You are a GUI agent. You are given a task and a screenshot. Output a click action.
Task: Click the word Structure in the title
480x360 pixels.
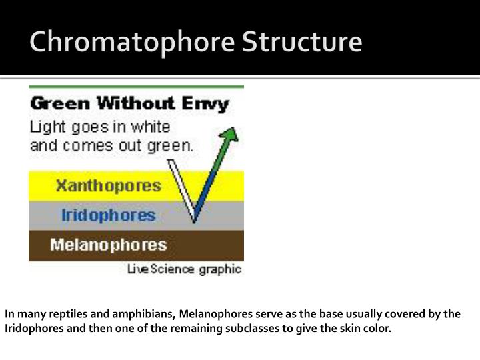coord(302,42)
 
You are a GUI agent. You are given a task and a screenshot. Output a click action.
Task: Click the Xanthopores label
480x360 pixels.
coord(108,185)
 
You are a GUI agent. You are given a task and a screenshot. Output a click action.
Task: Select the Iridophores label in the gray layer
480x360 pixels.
coord(108,215)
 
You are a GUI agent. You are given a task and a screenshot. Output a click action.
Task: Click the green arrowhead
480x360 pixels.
coord(230,135)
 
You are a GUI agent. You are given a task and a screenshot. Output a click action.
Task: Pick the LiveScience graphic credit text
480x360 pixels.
coord(185,269)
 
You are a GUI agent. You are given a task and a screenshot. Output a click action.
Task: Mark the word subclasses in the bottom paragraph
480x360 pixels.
coord(256,329)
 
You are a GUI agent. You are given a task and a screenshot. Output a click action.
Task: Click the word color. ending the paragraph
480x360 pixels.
coord(377,329)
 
